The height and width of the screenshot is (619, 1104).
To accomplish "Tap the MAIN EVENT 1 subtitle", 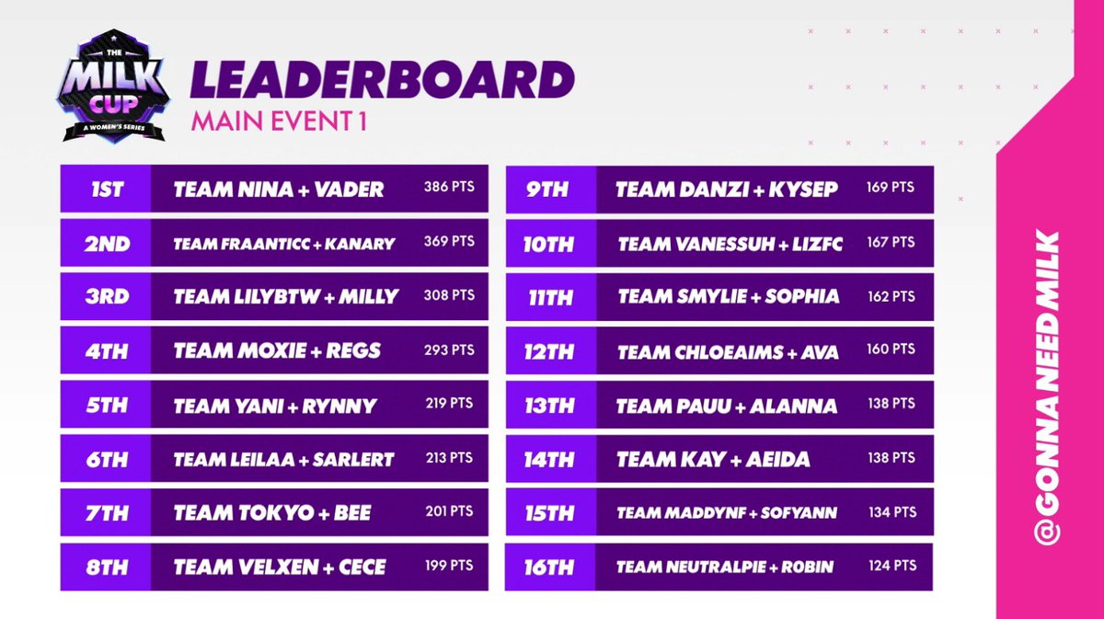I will (279, 122).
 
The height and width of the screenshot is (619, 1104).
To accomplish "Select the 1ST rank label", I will (108, 190).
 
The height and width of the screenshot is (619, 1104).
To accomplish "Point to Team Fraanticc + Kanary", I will (284, 244).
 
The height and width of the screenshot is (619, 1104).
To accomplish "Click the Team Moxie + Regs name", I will (277, 350).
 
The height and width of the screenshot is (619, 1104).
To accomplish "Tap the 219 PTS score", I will (449, 403).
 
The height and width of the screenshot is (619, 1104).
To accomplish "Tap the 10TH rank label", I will (549, 244).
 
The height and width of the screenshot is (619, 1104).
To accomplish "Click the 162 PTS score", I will (891, 296).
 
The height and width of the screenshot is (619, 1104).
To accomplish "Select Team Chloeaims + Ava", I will (728, 352).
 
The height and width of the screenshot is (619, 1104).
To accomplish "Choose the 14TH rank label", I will (549, 458).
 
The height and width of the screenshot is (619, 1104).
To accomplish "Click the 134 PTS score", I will (891, 511).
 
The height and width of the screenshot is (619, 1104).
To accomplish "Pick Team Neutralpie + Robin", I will (725, 567).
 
